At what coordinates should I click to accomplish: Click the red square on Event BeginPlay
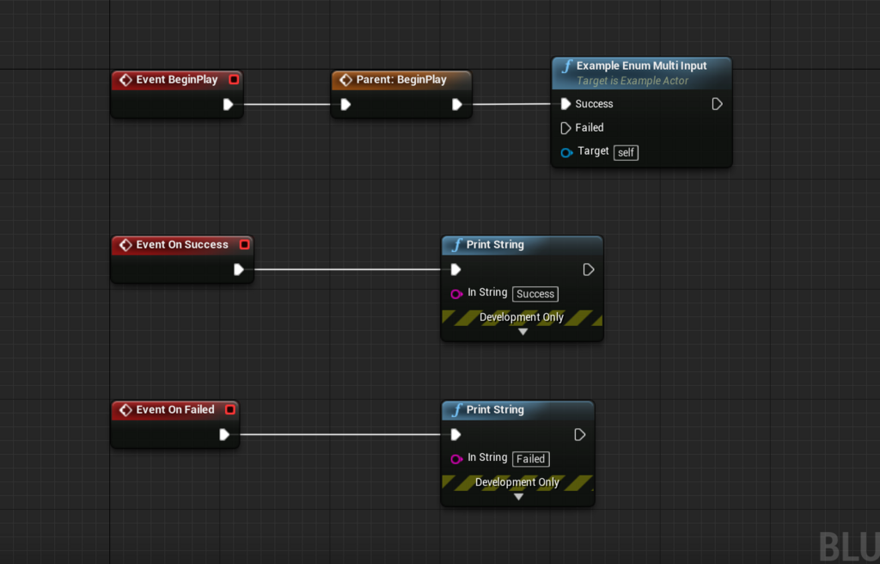point(234,80)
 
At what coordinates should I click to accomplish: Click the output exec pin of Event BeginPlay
point(228,105)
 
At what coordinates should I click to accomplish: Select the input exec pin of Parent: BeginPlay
point(345,105)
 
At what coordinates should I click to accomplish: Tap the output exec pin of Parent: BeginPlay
point(457,105)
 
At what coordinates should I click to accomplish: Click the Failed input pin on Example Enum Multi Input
point(565,128)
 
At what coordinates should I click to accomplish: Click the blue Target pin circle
point(566,152)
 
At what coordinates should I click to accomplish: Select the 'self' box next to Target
point(626,152)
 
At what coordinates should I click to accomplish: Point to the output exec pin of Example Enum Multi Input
point(717,104)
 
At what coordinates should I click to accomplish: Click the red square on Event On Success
point(245,245)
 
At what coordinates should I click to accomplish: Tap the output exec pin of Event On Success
point(239,270)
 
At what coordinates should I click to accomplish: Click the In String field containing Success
point(535,294)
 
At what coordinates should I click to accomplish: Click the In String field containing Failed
point(531,459)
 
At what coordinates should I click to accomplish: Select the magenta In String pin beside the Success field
point(456,294)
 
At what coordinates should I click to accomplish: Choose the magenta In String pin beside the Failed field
point(456,459)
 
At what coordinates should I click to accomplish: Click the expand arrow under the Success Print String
point(522,332)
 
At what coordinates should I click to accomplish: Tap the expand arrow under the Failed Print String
point(518,497)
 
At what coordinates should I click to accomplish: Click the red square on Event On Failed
point(230,410)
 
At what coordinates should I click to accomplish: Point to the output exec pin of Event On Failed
point(224,435)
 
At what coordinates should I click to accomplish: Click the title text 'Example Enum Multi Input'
point(641,65)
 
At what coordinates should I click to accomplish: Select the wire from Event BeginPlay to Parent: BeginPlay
point(287,105)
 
